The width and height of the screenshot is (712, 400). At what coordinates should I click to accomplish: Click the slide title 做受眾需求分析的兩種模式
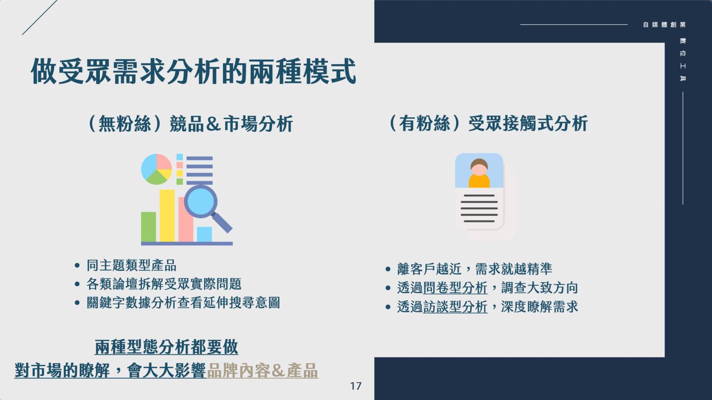click(193, 72)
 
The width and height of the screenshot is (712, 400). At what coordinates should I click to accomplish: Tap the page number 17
click(356, 386)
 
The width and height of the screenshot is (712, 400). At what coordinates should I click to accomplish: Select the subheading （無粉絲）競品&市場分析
click(190, 124)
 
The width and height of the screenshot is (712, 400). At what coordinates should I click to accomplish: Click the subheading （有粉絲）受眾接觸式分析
click(488, 124)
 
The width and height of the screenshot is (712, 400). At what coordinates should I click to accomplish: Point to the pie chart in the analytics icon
click(156, 169)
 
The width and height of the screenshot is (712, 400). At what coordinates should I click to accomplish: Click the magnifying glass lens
click(200, 201)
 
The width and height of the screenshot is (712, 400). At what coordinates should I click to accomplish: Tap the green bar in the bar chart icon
click(149, 227)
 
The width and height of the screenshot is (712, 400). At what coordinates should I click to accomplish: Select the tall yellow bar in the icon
click(167, 216)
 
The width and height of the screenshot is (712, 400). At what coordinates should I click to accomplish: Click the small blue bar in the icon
click(205, 234)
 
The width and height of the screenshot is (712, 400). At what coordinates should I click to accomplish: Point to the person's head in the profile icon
click(479, 167)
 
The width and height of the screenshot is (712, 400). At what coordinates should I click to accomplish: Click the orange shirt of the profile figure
click(479, 181)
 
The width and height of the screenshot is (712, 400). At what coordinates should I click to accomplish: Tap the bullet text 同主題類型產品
click(131, 266)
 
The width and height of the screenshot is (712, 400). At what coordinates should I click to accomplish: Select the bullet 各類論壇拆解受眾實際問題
click(164, 284)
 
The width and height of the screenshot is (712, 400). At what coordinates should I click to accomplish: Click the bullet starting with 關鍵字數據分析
click(183, 303)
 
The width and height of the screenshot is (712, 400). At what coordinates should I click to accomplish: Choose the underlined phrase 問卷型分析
click(455, 288)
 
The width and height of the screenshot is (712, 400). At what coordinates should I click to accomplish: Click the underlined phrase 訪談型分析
click(455, 307)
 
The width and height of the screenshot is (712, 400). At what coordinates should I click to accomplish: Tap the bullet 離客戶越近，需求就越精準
click(474, 269)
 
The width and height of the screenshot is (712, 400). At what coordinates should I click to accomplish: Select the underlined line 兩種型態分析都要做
click(166, 347)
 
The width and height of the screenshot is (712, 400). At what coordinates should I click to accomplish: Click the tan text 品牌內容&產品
click(262, 371)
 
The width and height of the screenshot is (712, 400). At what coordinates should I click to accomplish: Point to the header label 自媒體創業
click(664, 24)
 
